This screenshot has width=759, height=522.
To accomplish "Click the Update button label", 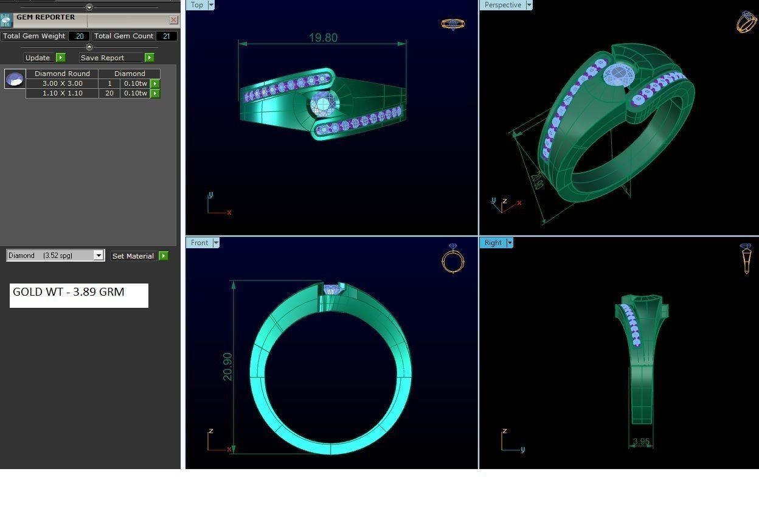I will tap(38, 58).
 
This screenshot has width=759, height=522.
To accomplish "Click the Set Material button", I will tap(133, 256).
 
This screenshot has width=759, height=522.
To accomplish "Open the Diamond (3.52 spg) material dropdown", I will tap(99, 256).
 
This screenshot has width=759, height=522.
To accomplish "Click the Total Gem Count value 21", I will tap(166, 36).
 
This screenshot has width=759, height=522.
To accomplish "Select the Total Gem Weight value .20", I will tap(78, 36).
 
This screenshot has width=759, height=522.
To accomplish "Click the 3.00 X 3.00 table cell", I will tap(62, 83).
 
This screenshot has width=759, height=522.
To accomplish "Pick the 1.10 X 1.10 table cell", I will tap(62, 93).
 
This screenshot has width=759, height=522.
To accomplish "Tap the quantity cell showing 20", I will tap(109, 93).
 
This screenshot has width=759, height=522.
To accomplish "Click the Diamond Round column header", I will tap(62, 74).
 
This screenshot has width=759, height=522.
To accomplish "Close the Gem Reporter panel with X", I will tap(173, 19).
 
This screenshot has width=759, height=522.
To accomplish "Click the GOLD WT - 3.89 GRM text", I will tap(69, 292).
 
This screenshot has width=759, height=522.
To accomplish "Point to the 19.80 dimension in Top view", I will tap(323, 38).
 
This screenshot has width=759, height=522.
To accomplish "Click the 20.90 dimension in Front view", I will tap(228, 367).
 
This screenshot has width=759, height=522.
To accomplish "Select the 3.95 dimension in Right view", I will tap(641, 442).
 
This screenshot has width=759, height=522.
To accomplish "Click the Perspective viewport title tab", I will tap(502, 5).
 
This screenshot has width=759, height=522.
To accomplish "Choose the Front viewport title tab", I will tap(199, 243).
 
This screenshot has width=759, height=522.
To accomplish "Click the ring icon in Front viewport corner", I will tap(452, 259).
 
